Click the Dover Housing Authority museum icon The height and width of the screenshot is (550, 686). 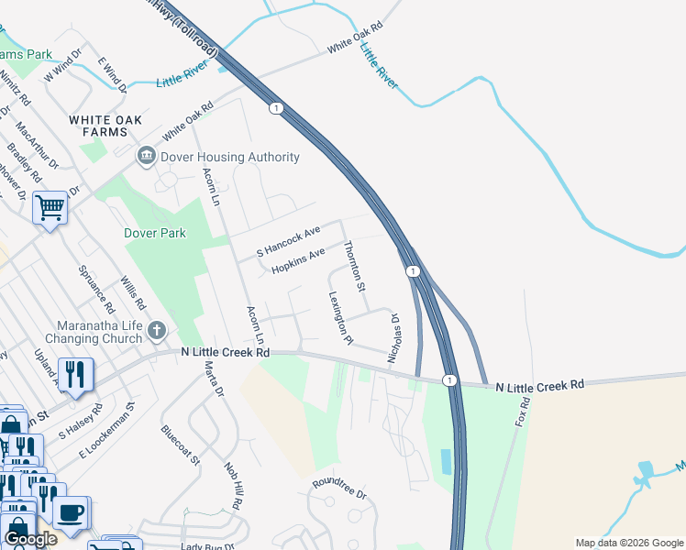[x=147, y=157]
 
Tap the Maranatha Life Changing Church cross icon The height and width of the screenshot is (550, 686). [x=157, y=329]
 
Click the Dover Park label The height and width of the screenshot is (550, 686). [x=155, y=233]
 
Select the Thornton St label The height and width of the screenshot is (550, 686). [x=354, y=267]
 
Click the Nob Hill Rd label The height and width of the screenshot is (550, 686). [x=233, y=485]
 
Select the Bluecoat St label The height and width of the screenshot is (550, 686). [x=180, y=445]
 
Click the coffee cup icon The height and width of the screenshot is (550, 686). [x=71, y=511]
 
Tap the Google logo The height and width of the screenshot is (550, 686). [x=29, y=539]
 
